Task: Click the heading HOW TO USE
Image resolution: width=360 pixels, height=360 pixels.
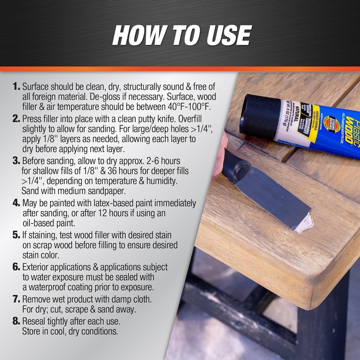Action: coord(181,35)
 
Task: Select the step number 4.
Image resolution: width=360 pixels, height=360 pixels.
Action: coord(16,203)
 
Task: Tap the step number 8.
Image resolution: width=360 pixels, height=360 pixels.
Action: coord(16,321)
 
